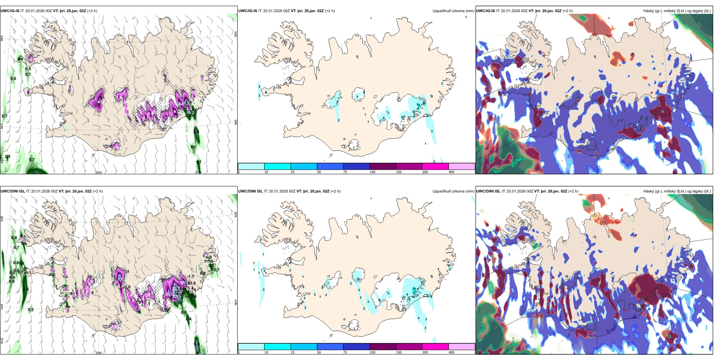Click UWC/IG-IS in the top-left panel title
pyautogui.click(x=10, y=11)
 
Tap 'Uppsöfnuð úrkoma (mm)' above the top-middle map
pyautogui.click(x=453, y=11)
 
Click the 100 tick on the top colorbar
pyautogui.click(x=373, y=172)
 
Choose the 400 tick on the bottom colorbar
pyautogui.click(x=451, y=352)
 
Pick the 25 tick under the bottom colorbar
pyautogui.click(x=293, y=352)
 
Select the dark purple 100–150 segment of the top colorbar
pyautogui.click(x=383, y=166)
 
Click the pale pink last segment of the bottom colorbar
pyautogui.click(x=462, y=347)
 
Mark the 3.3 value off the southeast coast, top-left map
pyautogui.click(x=196, y=131)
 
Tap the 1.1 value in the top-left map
pyautogui.click(x=193, y=147)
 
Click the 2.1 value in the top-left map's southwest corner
pyautogui.click(x=8, y=157)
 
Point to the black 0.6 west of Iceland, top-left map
pyautogui.click(x=13, y=79)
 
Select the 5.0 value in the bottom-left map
pyautogui.click(x=197, y=344)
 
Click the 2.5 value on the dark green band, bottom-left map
pyautogui.click(x=26, y=290)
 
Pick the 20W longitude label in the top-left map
pyautogui.click(x=99, y=172)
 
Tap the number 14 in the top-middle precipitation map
pyautogui.click(x=418, y=105)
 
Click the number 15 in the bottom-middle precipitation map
pyautogui.click(x=414, y=289)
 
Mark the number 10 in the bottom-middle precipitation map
pyautogui.click(x=358, y=280)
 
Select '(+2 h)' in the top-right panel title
pyautogui.click(x=568, y=11)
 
